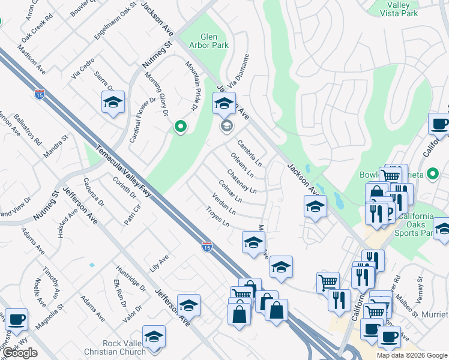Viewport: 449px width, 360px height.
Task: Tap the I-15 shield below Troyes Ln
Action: pyautogui.click(x=206, y=246)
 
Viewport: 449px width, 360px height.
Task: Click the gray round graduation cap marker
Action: pyautogui.click(x=226, y=125)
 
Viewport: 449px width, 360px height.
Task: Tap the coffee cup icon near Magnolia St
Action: pyautogui.click(x=16, y=319)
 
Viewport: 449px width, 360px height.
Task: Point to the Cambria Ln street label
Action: pyautogui.click(x=250, y=154)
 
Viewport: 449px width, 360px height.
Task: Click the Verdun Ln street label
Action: pyautogui.click(x=224, y=205)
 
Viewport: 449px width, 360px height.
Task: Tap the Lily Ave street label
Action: pyautogui.click(x=160, y=263)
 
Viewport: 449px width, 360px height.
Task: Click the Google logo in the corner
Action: pyautogui.click(x=20, y=353)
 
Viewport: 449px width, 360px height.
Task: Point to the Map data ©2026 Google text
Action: pyautogui.click(x=412, y=355)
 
